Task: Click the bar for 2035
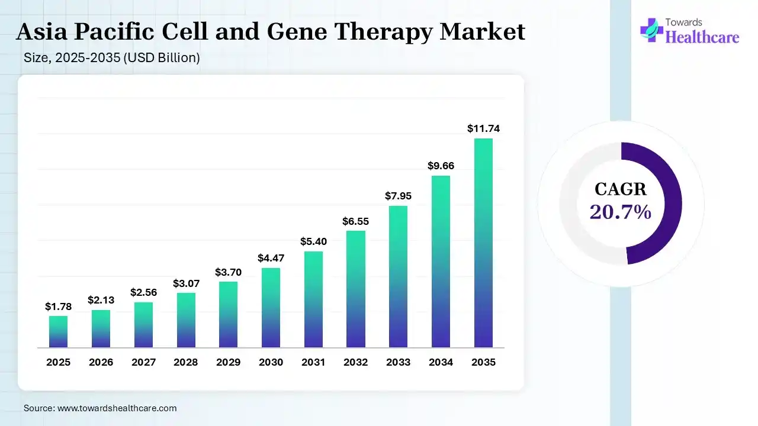pos(483,243)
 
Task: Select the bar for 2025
pos(58,331)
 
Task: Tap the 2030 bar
pos(271,308)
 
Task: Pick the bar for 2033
pos(398,276)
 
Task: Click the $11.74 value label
pos(483,128)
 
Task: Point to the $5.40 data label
pos(313,241)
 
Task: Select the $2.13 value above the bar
pos(101,300)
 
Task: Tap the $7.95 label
pos(398,196)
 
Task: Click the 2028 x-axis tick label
pos(186,362)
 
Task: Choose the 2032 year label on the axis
pos(355,362)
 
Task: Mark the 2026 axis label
pos(101,362)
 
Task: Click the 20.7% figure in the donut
pos(621,211)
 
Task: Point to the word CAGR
pos(621,189)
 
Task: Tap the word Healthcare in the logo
pos(702,37)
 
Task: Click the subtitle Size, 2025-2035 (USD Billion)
pos(112,58)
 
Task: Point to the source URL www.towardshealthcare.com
pos(117,408)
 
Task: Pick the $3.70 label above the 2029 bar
pos(228,272)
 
